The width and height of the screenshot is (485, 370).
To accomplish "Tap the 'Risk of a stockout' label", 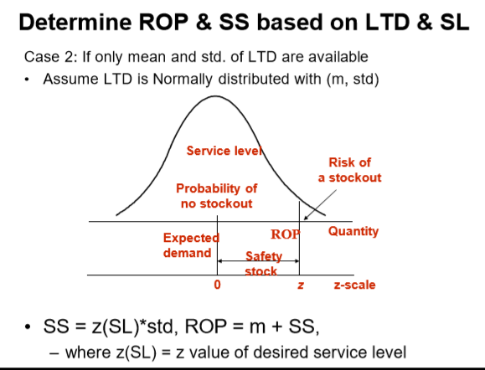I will [x=349, y=170].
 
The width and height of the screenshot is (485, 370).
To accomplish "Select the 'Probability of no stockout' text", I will [x=216, y=196].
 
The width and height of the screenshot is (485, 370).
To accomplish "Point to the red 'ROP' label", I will [x=285, y=234].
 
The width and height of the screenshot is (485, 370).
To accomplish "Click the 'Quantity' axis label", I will [x=353, y=231].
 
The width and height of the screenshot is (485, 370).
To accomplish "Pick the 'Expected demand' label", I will [x=190, y=244].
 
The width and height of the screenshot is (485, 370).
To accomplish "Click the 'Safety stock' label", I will [x=261, y=263].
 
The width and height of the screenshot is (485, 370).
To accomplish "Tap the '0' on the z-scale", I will [x=217, y=285].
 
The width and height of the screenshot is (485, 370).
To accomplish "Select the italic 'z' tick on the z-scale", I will [x=299, y=285].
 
